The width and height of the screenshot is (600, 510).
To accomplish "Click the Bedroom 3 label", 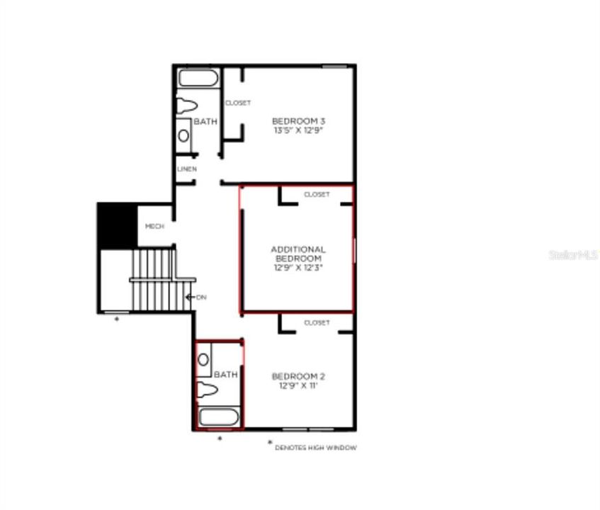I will pos(298,121).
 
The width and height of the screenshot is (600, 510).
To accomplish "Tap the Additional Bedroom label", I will pos(298,254).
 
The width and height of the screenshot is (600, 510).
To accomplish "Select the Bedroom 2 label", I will pos(298,376).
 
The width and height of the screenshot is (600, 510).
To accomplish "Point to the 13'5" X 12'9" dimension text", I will pos(298,131).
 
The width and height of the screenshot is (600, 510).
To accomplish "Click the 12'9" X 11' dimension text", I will pos(298,386).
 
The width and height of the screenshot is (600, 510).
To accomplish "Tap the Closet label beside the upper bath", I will pos(238,103).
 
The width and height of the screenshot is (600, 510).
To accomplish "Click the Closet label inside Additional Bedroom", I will pos(317,194).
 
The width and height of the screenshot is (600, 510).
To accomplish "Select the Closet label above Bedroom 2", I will pos(317,323).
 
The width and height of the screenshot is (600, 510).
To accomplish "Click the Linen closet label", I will pos(187,169).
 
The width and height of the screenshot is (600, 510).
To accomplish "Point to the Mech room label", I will pos(154,226).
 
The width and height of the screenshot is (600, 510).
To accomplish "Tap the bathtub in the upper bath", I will pos(199,78).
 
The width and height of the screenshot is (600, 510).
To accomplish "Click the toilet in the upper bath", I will pos(186,106).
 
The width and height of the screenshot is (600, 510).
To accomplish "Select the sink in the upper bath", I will pos(183,135).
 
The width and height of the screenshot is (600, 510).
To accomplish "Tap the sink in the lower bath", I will pos(204,359).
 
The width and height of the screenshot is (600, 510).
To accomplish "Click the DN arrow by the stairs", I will pos(195,297).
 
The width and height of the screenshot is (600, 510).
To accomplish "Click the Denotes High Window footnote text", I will pos(317,448).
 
